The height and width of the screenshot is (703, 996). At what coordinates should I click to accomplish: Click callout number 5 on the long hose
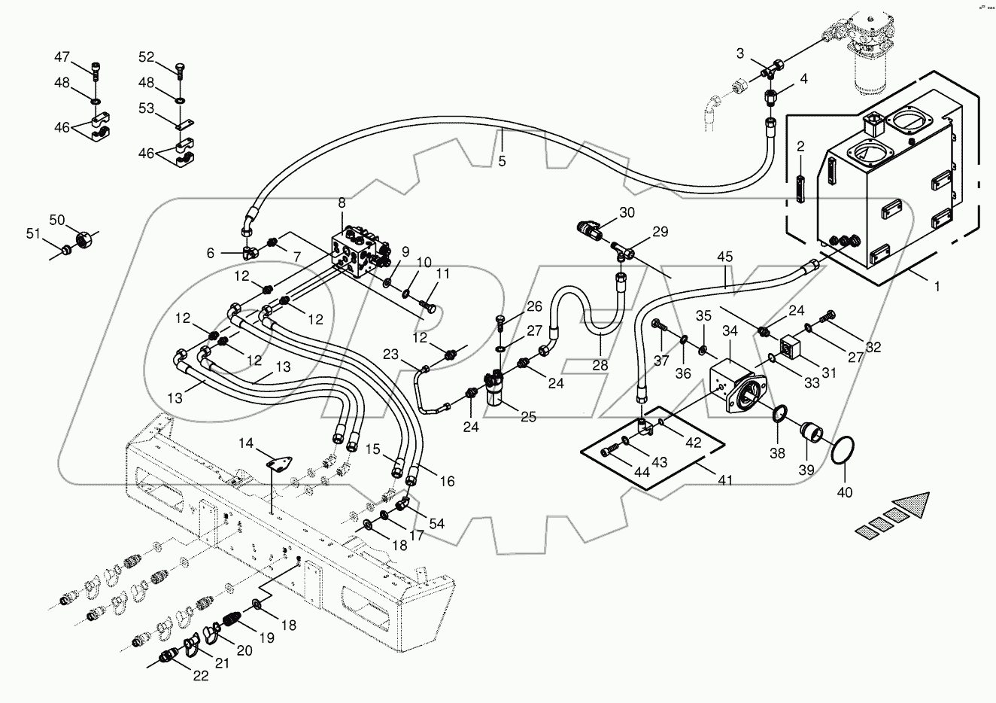click(x=502, y=160)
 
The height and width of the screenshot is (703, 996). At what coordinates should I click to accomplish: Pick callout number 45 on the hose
click(x=724, y=257)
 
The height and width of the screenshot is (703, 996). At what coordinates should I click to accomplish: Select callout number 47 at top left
click(x=62, y=57)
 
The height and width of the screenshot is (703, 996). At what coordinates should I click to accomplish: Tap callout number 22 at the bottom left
click(x=199, y=676)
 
